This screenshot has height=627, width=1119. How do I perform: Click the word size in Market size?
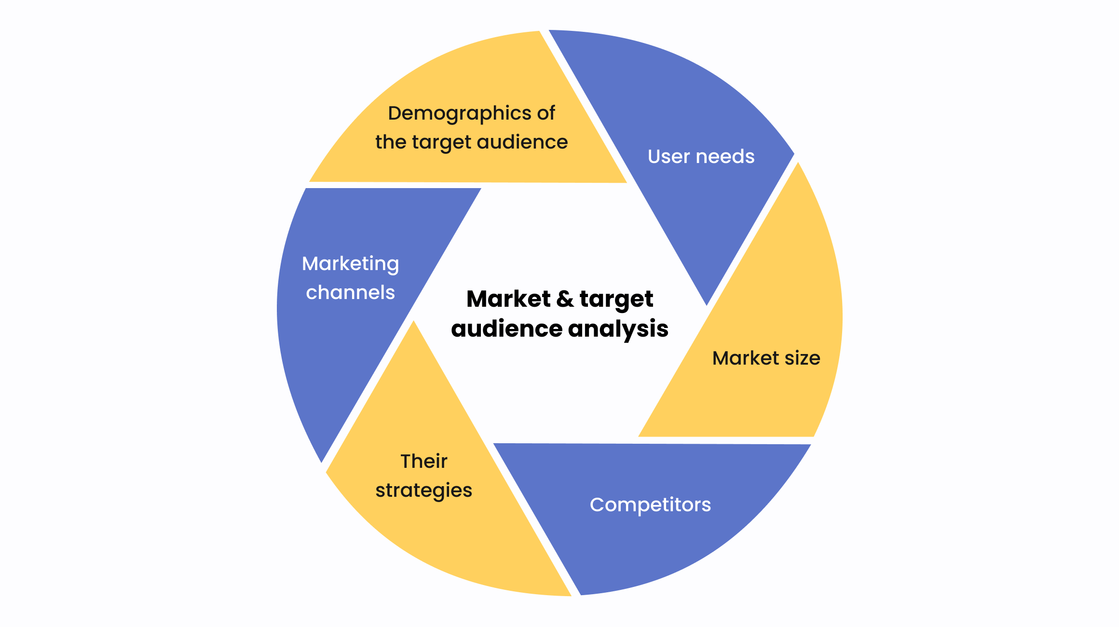click(802, 358)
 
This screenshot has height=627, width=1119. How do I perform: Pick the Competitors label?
click(650, 505)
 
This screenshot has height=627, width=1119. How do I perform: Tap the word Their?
click(424, 462)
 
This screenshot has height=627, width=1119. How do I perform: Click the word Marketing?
click(351, 264)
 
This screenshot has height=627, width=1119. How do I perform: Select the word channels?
click(351, 293)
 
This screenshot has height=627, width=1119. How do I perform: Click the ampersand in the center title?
click(565, 299)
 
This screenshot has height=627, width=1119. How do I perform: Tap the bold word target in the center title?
click(616, 300)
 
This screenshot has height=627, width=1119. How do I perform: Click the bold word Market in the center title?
click(508, 299)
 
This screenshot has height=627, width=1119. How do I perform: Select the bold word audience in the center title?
click(507, 329)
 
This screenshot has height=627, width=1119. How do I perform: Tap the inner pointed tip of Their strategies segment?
click(413, 322)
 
